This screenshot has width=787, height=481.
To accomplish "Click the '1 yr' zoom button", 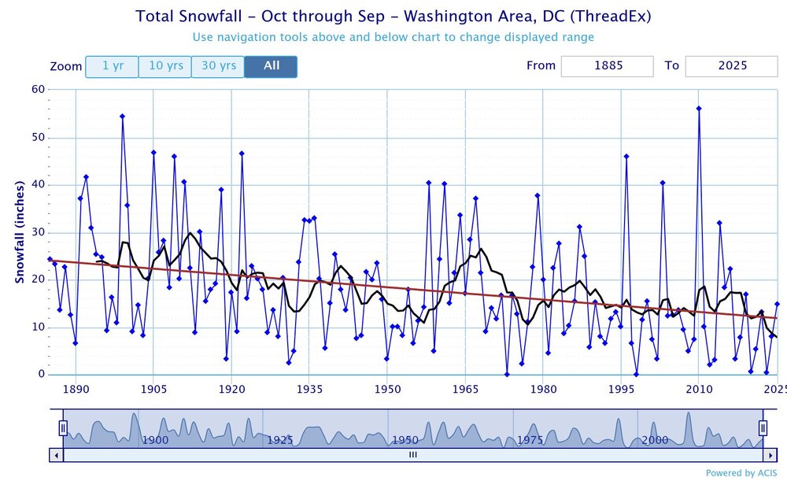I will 112,66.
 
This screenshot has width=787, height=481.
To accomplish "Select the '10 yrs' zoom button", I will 165,66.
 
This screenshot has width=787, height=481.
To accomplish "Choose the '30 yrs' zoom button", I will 218,66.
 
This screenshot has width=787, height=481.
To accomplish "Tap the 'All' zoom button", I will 271,66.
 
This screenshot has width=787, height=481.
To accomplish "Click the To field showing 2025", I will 731,66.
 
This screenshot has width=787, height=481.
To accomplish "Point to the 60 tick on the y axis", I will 37,89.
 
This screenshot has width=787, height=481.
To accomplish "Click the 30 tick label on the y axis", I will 37,232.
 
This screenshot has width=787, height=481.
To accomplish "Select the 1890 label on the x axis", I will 76,388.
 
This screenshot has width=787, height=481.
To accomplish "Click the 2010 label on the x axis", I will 699,388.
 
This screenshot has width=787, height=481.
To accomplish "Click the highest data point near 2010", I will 699,108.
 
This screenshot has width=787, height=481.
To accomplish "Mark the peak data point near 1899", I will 122,116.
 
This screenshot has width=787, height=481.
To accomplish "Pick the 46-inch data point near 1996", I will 626,156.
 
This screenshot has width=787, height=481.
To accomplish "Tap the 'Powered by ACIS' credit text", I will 741,473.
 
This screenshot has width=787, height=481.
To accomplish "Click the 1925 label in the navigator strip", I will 280,440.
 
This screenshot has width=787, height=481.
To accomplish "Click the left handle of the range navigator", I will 63,427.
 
